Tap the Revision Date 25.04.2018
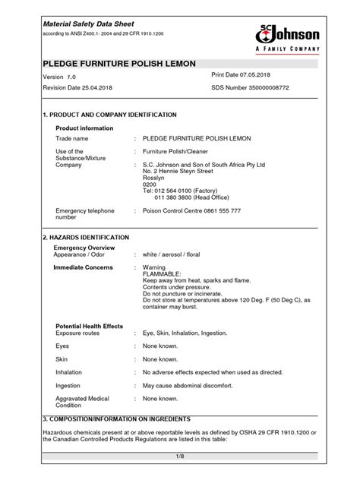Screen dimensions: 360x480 pyautogui.click(x=81, y=90)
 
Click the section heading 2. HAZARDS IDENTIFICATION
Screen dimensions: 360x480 pyautogui.click(x=86, y=238)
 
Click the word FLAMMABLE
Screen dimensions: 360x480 pyautogui.click(x=164, y=274)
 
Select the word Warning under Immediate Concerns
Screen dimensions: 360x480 pyautogui.click(x=156, y=267)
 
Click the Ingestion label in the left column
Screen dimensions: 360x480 pyautogui.click(x=70, y=386)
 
